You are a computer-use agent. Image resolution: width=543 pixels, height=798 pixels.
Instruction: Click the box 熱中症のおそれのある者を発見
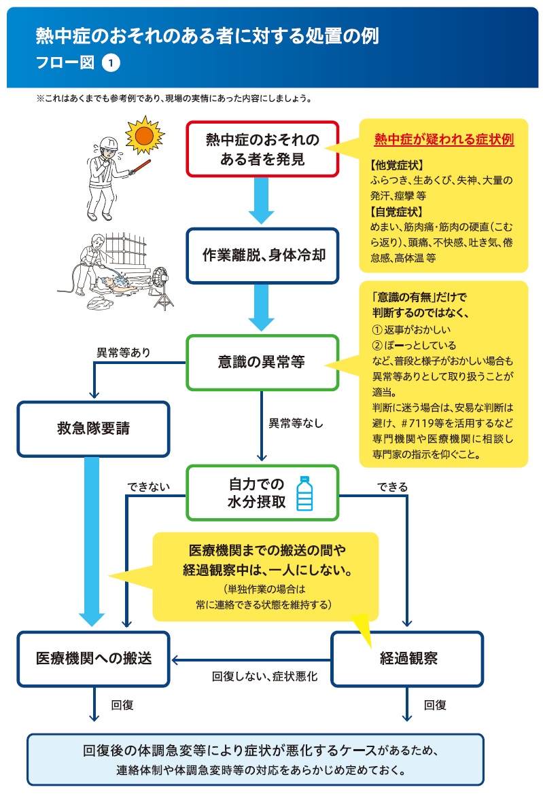point(262,149)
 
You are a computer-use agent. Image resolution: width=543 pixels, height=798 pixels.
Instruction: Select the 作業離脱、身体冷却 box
point(262,255)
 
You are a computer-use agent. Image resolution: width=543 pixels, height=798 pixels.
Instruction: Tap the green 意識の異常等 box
point(262,362)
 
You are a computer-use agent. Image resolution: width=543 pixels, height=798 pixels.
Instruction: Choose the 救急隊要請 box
point(93,429)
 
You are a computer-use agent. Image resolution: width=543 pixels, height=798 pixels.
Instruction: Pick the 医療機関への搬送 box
point(93,658)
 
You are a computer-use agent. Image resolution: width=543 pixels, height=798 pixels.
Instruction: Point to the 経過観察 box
point(407,658)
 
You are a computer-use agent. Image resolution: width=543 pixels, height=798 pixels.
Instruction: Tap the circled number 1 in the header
point(111,62)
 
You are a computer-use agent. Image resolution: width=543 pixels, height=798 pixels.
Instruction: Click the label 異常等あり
point(124,352)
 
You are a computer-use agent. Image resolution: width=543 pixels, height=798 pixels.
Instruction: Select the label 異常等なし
point(296,424)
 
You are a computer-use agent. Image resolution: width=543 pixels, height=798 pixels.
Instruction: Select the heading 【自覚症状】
point(397,212)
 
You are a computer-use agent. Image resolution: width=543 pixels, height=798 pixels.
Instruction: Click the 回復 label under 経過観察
point(435,705)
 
